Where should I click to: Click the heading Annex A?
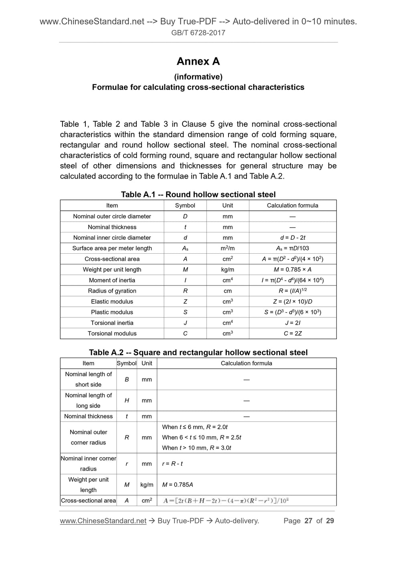pyautogui.click(x=198, y=61)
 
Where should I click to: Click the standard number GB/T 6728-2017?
pyautogui.click(x=198, y=33)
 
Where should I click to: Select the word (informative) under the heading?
pyautogui.click(x=198, y=77)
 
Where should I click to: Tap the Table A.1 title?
pyautogui.click(x=198, y=195)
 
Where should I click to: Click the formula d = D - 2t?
pyautogui.click(x=293, y=238)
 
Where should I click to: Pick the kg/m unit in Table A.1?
pyautogui.click(x=227, y=270)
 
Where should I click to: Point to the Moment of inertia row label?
pyautogui.click(x=112, y=280)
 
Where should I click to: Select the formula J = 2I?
pyautogui.click(x=293, y=323)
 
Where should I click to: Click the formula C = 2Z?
pyautogui.click(x=293, y=334)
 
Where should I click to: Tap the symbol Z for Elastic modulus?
pyautogui.click(x=185, y=301)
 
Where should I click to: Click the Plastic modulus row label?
pyautogui.click(x=112, y=312)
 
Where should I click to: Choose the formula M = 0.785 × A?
pyautogui.click(x=293, y=270)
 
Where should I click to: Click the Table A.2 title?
pyautogui.click(x=198, y=352)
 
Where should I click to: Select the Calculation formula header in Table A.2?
pyautogui.click(x=246, y=363)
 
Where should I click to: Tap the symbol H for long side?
pyautogui.click(x=127, y=400)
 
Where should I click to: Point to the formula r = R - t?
pyautogui.click(x=172, y=464)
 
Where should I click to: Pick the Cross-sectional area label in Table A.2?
pyautogui.click(x=88, y=501)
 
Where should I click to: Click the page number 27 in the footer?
pyautogui.click(x=308, y=521)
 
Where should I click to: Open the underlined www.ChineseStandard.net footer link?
pyautogui.click(x=103, y=521)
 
